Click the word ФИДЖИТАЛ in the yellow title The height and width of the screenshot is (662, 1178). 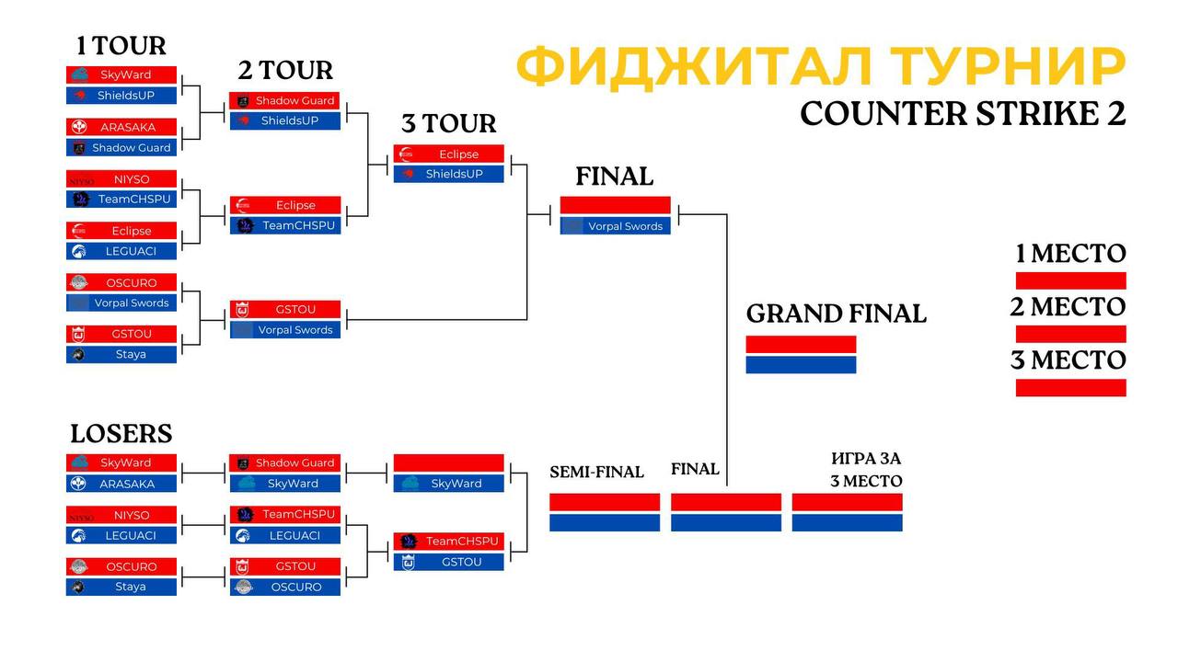point(694,67)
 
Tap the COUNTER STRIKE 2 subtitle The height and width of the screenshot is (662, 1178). point(963,114)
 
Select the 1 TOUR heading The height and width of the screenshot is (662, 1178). point(121,46)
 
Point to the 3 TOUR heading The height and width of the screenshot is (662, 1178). point(448,123)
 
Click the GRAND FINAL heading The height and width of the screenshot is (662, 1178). point(837,314)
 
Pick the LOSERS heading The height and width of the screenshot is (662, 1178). point(121,433)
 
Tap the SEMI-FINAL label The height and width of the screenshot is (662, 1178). point(596,472)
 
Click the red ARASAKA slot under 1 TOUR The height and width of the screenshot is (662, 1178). point(121,127)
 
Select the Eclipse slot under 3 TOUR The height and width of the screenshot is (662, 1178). point(448,154)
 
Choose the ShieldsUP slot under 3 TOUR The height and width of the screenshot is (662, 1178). point(448,174)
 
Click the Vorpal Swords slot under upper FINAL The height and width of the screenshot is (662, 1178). point(616,226)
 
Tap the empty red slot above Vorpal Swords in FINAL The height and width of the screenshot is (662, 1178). point(616,205)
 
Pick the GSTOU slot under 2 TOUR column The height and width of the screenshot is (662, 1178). point(285,310)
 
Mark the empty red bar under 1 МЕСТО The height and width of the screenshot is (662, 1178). point(1070,280)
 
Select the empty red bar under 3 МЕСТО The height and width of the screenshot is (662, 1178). point(1070,388)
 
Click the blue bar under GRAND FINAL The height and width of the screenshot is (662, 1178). point(801,365)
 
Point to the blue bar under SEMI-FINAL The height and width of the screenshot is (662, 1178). point(605,523)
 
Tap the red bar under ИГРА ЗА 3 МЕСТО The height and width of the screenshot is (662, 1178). point(848,502)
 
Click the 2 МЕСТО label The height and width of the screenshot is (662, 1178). point(1068,307)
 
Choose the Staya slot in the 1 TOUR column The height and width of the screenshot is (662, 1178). point(121,354)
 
